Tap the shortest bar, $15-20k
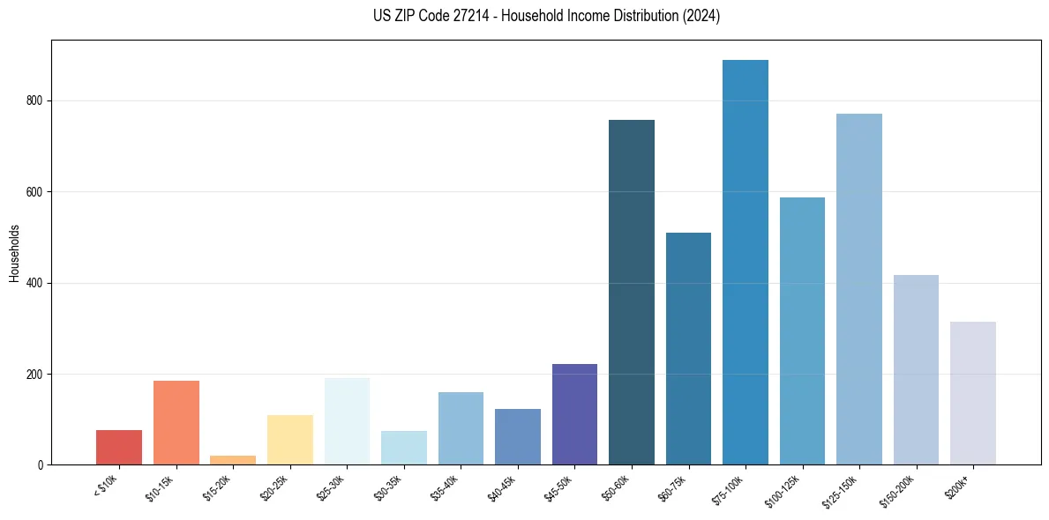[233, 460]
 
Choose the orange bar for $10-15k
[176, 423]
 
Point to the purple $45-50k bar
[574, 414]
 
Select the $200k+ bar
[973, 393]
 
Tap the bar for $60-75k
[688, 349]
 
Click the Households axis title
[14, 253]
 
